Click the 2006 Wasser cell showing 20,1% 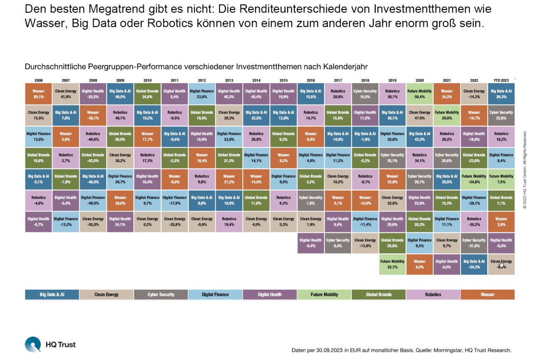point(38,94)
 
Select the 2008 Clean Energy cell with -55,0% point(93,221)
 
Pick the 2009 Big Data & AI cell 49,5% point(120,94)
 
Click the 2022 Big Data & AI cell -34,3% point(474,264)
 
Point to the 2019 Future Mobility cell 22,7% point(392,264)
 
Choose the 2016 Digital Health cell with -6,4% point(310,243)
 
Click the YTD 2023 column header point(501,79)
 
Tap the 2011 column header point(174,79)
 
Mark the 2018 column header point(365,79)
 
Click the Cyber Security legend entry point(161,295)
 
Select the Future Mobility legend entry point(324,295)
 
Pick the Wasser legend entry point(487,295)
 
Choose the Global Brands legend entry point(379,295)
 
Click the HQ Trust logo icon point(33,345)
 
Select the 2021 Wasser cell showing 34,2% point(446,94)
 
